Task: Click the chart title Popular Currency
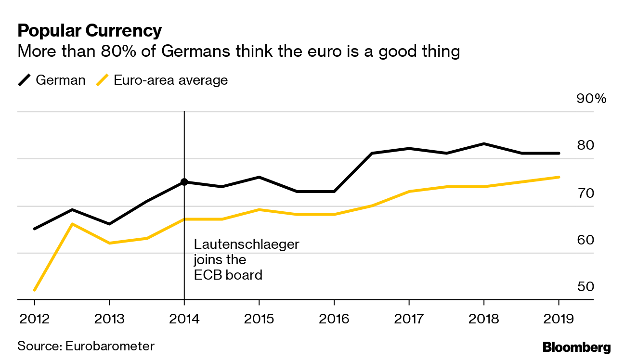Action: click(x=90, y=31)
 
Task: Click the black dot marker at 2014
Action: click(x=184, y=182)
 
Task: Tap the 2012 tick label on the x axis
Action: click(x=34, y=319)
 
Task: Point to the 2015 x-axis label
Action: click(x=259, y=319)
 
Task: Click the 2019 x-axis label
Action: click(x=559, y=319)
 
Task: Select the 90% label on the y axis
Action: click(x=591, y=99)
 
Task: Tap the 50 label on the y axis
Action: click(x=586, y=286)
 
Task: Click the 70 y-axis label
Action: click(x=586, y=193)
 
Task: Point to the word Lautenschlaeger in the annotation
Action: click(x=246, y=244)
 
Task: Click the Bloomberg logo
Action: click(x=576, y=347)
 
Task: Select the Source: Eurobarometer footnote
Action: click(x=86, y=346)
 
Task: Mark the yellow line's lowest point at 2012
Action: click(x=35, y=290)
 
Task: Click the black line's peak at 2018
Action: click(x=483, y=143)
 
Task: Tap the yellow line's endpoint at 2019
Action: click(x=559, y=177)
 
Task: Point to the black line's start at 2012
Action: click(x=35, y=229)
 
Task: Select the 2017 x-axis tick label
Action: click(x=409, y=319)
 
